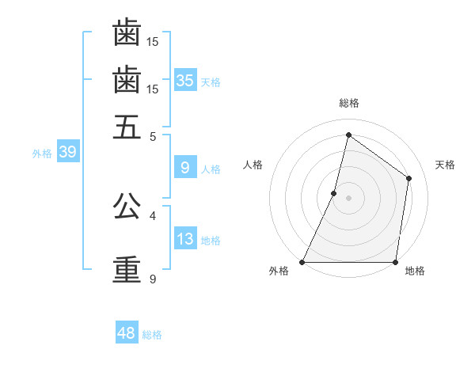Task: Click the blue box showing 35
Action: pos(185,80)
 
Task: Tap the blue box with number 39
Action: pos(67,153)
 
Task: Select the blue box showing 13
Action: pos(185,239)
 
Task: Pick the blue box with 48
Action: pos(127,333)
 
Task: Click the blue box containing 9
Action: pos(185,167)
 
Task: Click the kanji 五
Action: pos(127,127)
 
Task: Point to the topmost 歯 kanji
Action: pos(127,33)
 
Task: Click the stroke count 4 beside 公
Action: pos(153,215)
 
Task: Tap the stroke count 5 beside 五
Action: pos(153,136)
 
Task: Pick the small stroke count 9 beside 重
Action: pos(153,279)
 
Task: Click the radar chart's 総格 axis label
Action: pos(348,103)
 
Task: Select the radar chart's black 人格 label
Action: pos(253,165)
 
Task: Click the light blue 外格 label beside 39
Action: pos(42,154)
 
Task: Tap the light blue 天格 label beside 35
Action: pos(211,82)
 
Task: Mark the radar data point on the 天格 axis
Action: pos(409,178)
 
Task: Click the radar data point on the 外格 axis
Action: pos(302,261)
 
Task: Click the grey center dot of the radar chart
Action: pos(348,198)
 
